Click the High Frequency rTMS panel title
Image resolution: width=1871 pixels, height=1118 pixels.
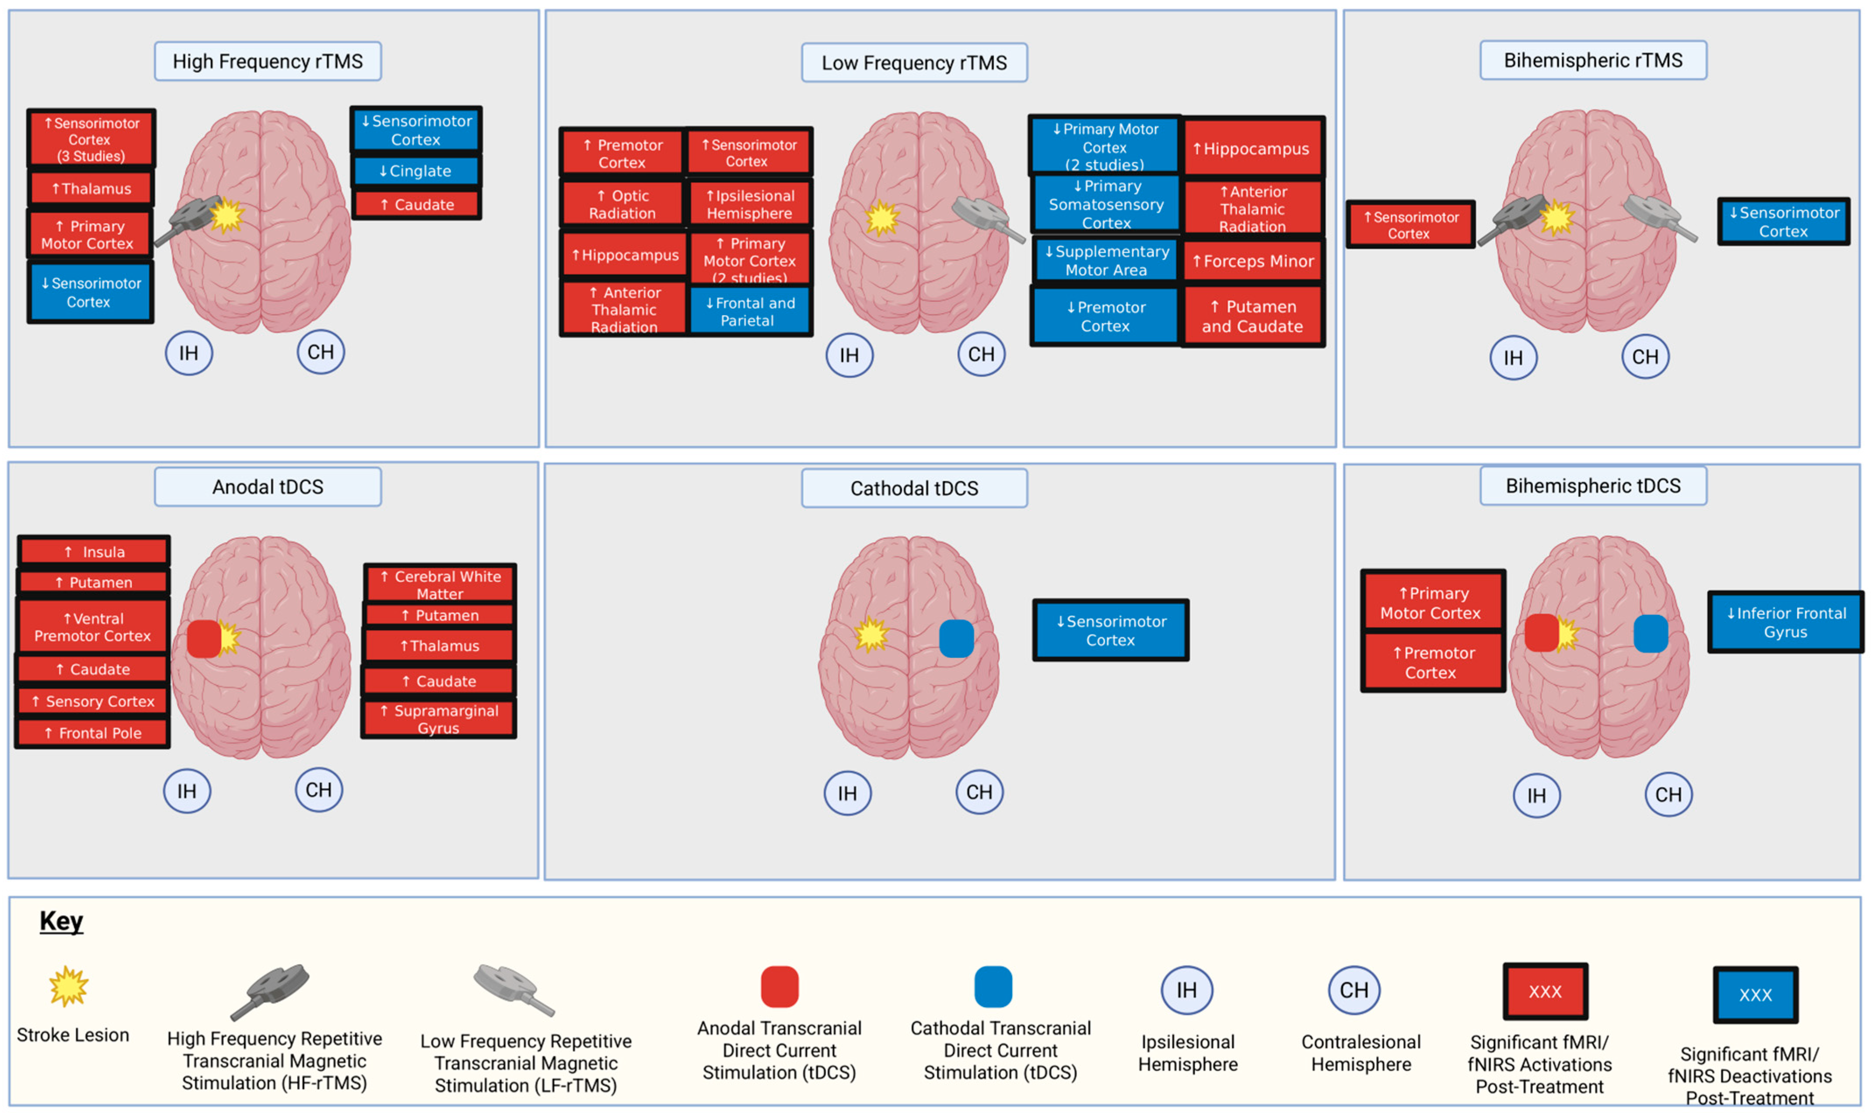pos(268,62)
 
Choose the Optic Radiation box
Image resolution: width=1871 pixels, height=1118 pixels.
pos(622,204)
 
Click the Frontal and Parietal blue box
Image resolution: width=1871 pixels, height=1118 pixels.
pos(749,311)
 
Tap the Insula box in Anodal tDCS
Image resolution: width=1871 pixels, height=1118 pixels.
pos(94,552)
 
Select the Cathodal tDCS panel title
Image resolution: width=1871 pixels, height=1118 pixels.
pos(914,488)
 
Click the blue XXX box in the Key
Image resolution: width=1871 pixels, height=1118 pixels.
pos(1755,994)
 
